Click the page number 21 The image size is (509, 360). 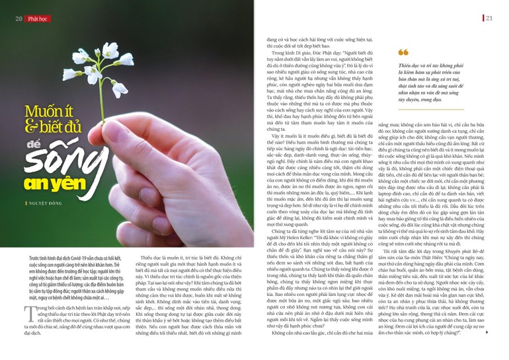[x=490, y=17]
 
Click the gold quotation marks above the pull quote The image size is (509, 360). [x=403, y=53]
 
